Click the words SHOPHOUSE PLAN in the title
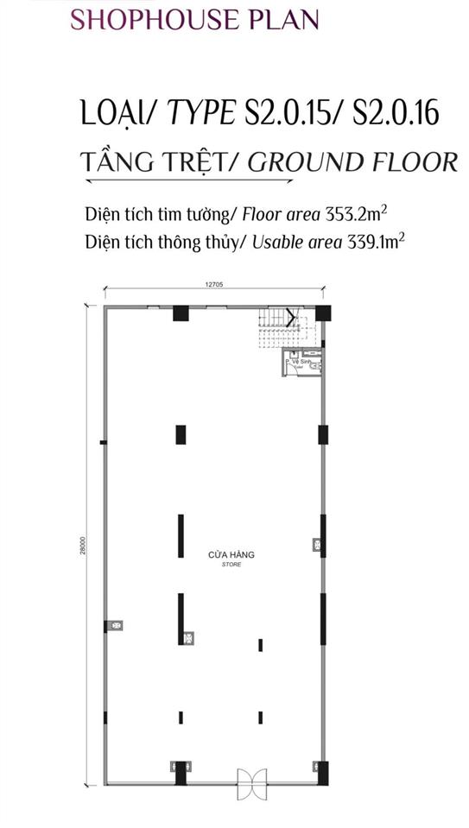[x=194, y=19]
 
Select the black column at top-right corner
[x=321, y=313]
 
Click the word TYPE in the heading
[x=200, y=113]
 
